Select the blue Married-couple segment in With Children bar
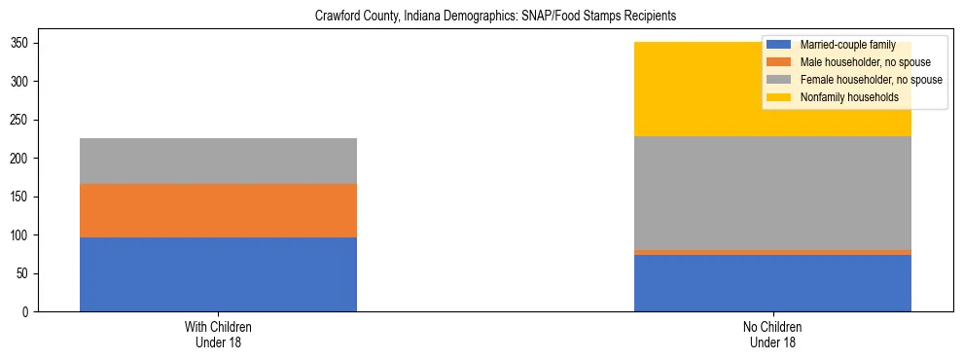pyautogui.click(x=218, y=274)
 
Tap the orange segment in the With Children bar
pyautogui.click(x=218, y=210)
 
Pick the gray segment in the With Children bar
pyautogui.click(x=218, y=161)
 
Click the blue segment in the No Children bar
pyautogui.click(x=772, y=283)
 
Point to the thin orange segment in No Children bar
pyautogui.click(x=772, y=252)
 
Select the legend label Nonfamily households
pyautogui.click(x=842, y=97)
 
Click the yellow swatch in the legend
pyautogui.click(x=779, y=97)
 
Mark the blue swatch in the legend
pyautogui.click(x=779, y=45)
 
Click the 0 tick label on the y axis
pyautogui.click(x=30, y=312)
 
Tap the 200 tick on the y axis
pyautogui.click(x=24, y=159)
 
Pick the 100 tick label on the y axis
pyautogui.click(x=24, y=235)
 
